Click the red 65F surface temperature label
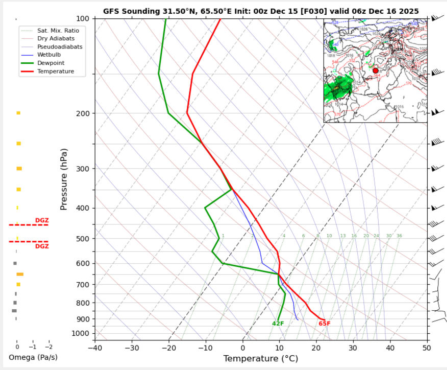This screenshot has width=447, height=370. tap(325, 323)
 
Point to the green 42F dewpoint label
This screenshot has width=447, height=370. tap(278, 323)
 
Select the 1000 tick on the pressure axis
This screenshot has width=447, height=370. tap(81, 334)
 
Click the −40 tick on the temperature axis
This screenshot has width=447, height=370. tap(95, 349)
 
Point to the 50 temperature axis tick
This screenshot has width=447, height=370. tap(427, 349)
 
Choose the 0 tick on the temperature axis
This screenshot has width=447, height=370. tap(243, 349)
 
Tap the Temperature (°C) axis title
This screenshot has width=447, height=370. tap(260, 359)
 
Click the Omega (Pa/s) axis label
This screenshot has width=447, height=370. tap(33, 357)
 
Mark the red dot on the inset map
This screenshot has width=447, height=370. tap(376, 71)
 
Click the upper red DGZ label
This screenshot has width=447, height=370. tap(42, 220)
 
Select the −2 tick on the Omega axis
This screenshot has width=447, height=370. tap(48, 346)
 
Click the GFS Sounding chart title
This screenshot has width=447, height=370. tap(261, 11)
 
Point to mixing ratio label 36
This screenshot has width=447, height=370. tap(399, 236)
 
